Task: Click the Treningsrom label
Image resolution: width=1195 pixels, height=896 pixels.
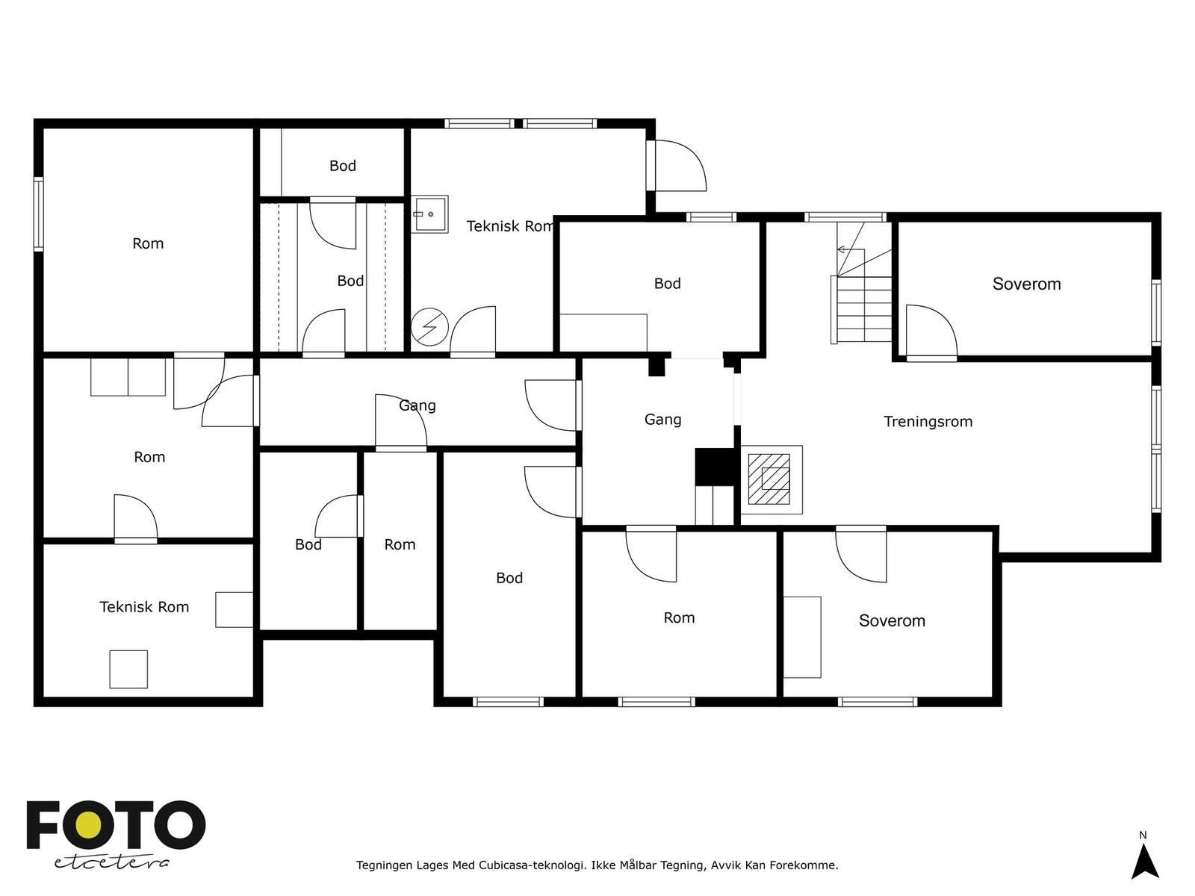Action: point(928,422)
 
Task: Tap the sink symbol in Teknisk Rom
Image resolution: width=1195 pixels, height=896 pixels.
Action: point(429,214)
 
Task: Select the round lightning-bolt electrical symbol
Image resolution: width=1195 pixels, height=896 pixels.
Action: point(429,327)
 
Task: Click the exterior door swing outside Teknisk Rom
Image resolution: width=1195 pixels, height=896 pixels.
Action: point(680,165)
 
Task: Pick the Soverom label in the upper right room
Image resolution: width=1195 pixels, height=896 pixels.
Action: point(1026,284)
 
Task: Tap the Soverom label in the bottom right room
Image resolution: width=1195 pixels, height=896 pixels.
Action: point(892,620)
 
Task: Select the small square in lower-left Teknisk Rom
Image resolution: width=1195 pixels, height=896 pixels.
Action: point(128,669)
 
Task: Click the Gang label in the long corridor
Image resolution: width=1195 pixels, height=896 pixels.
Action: point(417,405)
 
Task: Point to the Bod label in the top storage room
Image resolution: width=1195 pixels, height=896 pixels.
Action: point(342,165)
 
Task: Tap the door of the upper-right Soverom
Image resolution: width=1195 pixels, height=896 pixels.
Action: point(931,332)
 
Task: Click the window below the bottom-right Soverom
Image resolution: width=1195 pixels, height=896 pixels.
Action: point(878,702)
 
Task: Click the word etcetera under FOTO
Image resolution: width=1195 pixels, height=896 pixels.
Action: point(112,863)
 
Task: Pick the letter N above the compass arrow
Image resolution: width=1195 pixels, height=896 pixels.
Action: point(1143,835)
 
